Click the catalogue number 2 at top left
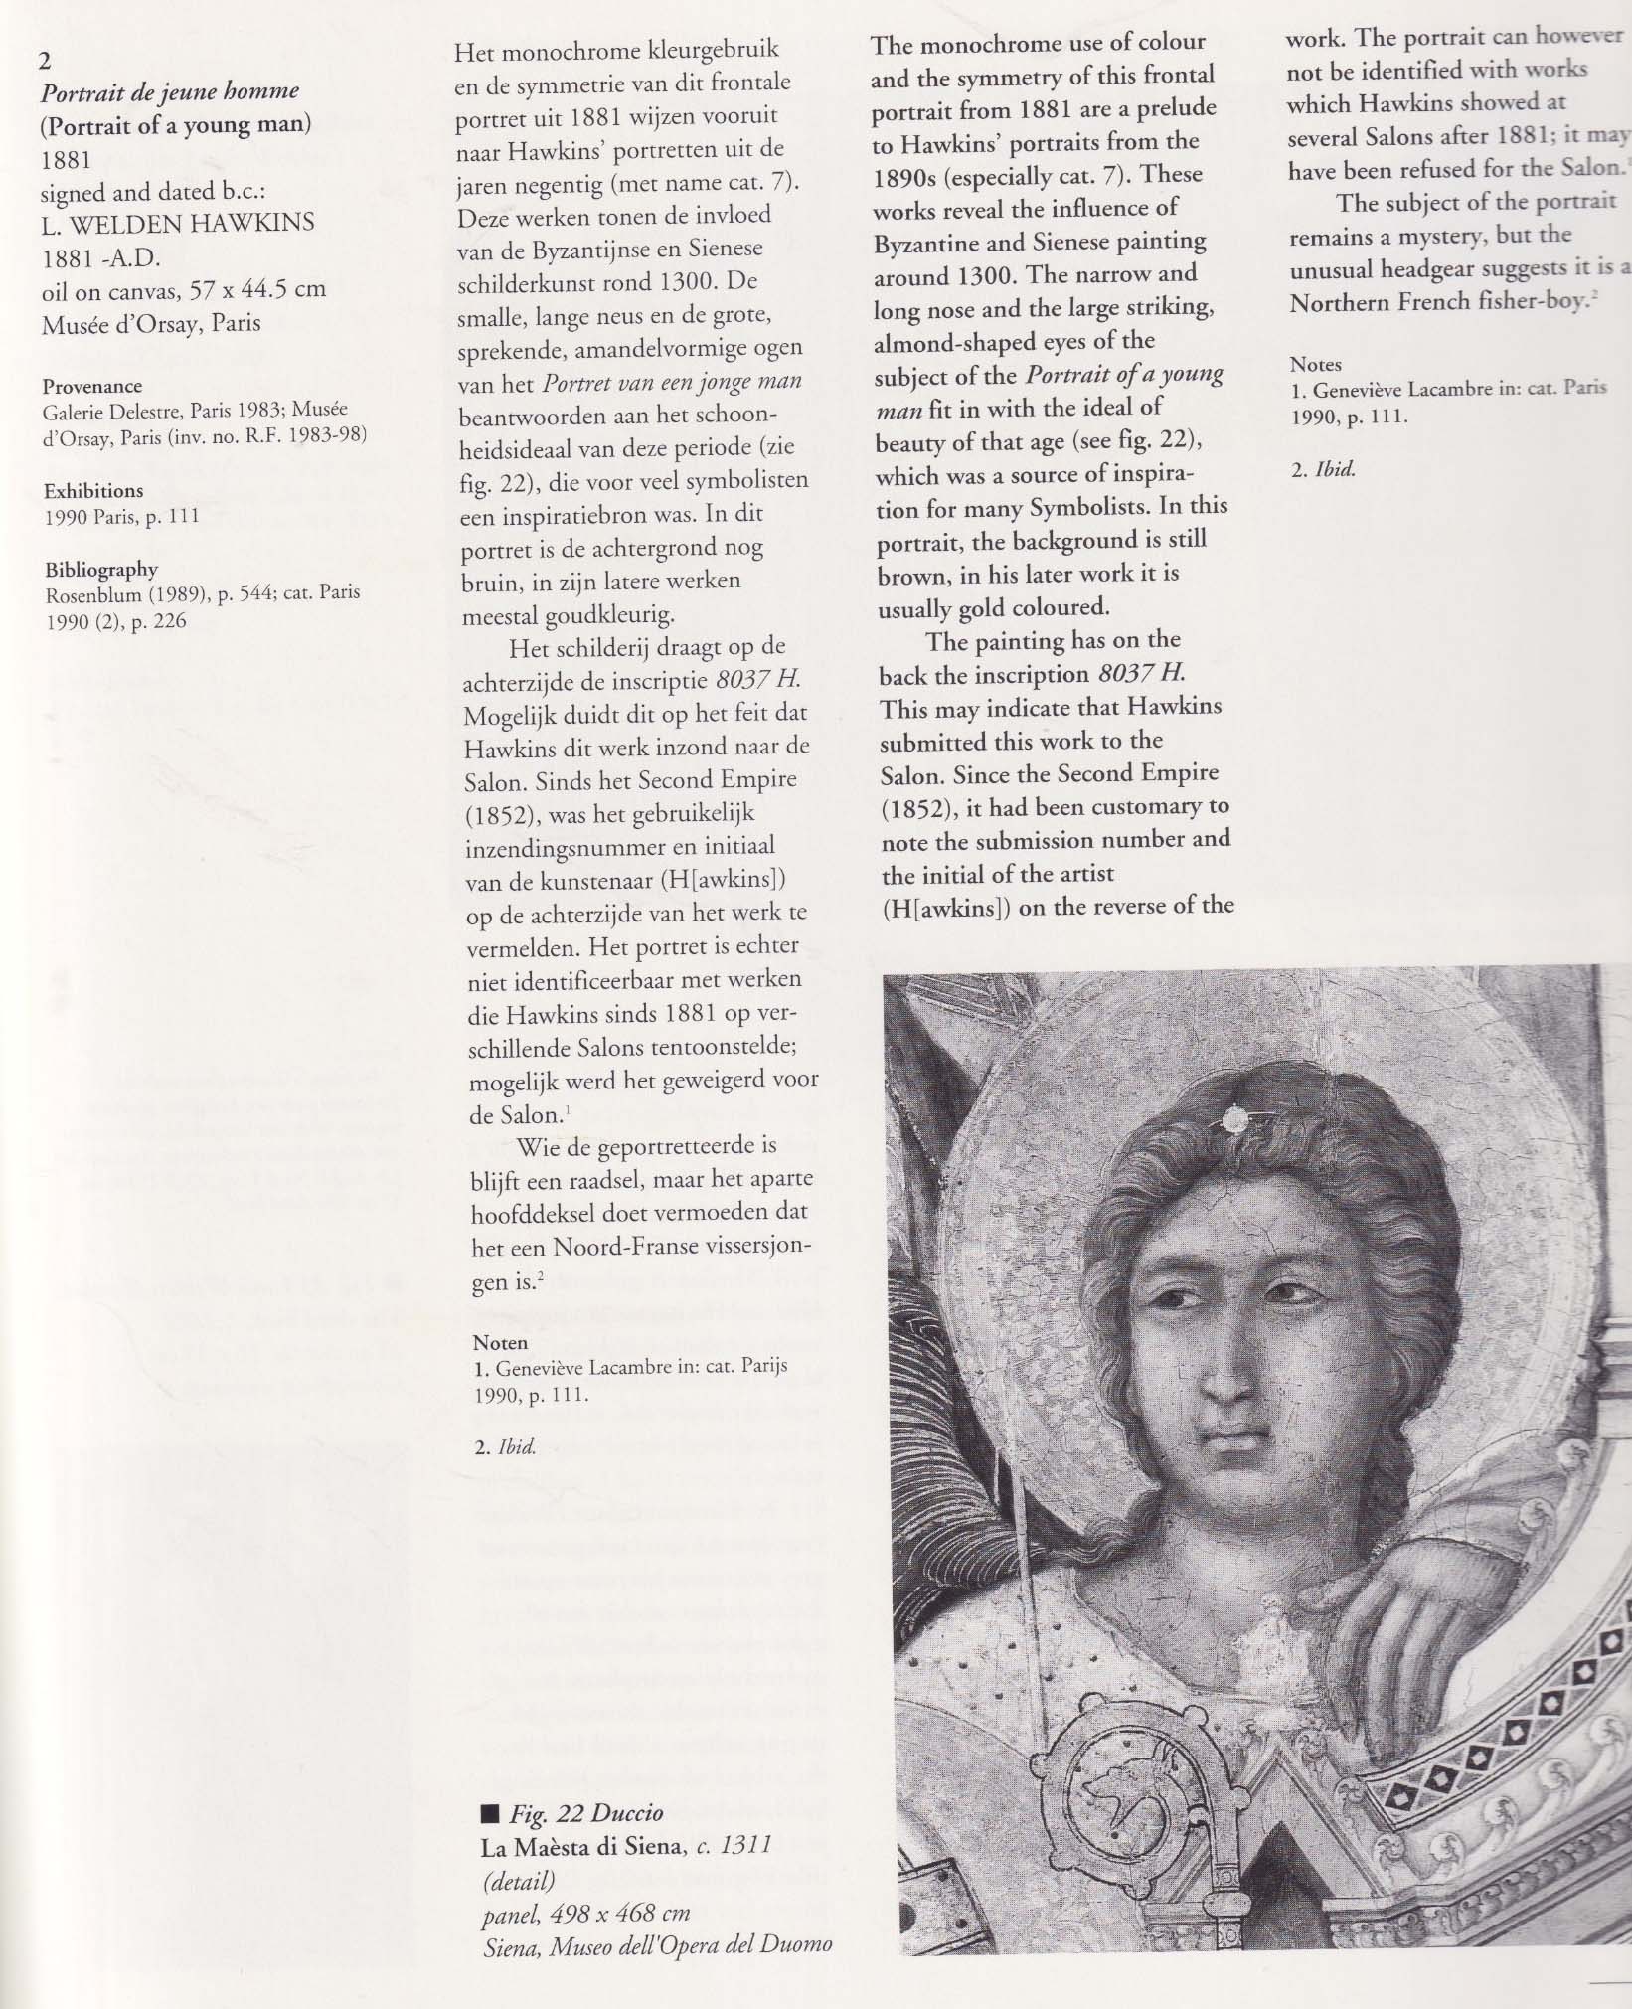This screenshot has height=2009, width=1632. (x=45, y=61)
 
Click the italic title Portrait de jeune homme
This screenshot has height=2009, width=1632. (x=169, y=92)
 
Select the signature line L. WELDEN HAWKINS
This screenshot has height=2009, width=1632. (x=178, y=223)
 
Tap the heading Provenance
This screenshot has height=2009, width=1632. (x=92, y=386)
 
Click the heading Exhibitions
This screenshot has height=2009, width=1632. (x=93, y=490)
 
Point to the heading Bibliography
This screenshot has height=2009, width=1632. (x=101, y=569)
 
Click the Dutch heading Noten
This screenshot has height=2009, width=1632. (x=500, y=1343)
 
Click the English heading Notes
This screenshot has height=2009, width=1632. (x=1315, y=364)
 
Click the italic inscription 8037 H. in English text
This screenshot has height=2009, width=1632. (x=1143, y=673)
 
